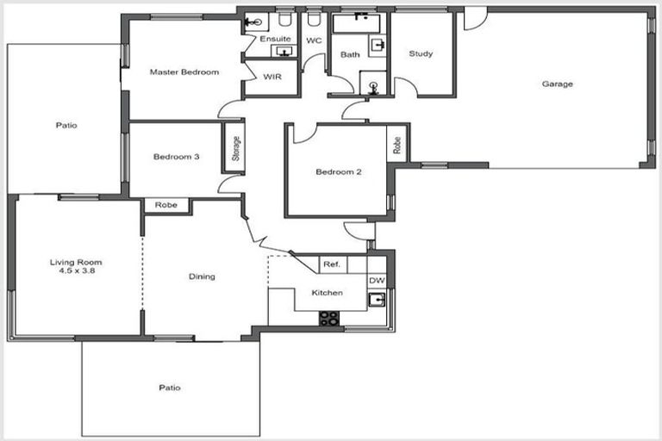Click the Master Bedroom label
(184, 71)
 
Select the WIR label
(271, 77)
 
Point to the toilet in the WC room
(314, 19)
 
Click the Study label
(422, 54)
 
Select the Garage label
(558, 84)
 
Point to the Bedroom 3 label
(177, 157)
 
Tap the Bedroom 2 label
(338, 171)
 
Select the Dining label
(202, 276)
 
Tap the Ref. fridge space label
(330, 265)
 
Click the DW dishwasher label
(377, 281)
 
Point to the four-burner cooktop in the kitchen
(329, 318)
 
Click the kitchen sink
(377, 300)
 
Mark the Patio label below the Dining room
(170, 388)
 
